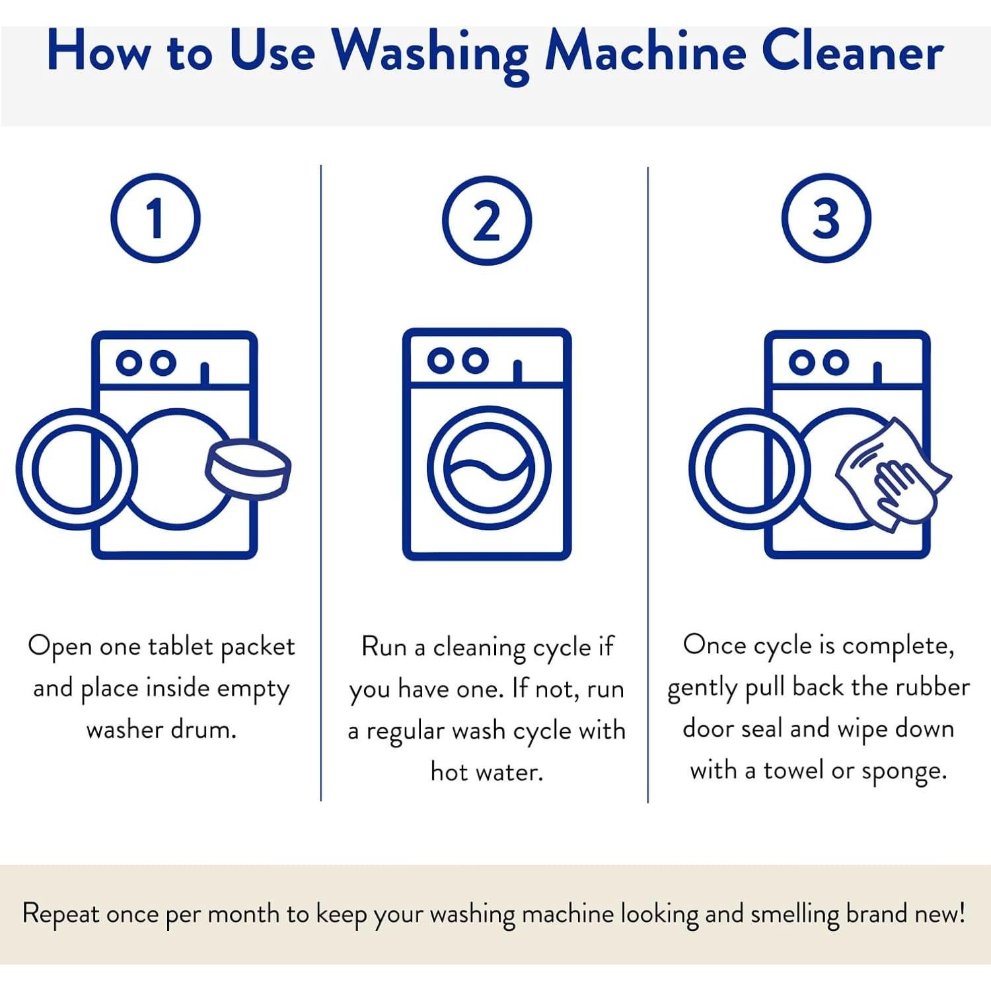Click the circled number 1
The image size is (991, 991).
[x=155, y=219]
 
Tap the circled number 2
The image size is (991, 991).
[x=487, y=221]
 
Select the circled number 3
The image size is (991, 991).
[x=826, y=219]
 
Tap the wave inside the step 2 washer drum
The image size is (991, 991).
[x=489, y=467]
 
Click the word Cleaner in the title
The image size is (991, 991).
[x=852, y=52]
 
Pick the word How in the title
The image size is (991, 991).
[x=98, y=52]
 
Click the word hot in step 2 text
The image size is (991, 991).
[x=449, y=771]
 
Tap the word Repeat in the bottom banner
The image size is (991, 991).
[x=61, y=915]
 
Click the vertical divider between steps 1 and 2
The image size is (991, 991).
[x=321, y=483]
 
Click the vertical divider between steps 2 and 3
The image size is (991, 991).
[x=648, y=485]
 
